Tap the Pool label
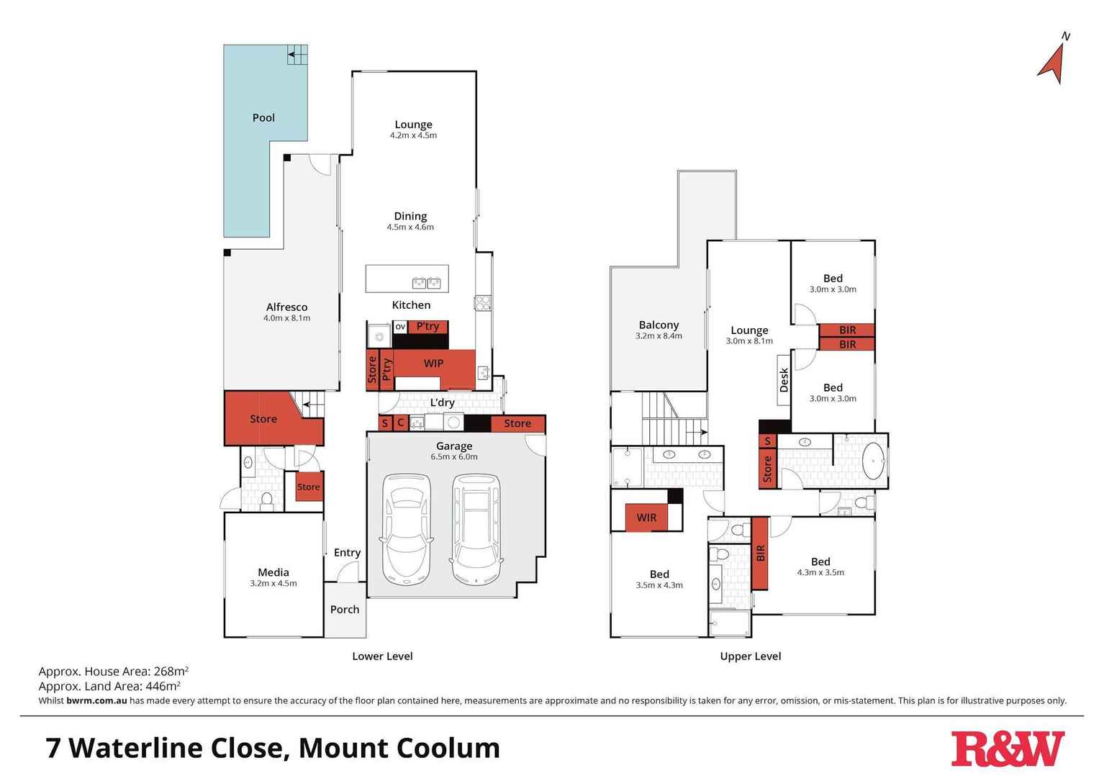pos(263,117)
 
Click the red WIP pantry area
pos(433,364)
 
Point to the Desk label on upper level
pos(784,379)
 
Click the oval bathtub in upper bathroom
pos(873,461)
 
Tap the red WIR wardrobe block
pos(646,518)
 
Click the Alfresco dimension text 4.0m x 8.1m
pos(286,318)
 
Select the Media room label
pos(273,572)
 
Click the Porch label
pos(345,609)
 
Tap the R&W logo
pos(1007,749)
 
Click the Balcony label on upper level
pos(659,325)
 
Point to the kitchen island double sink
pos(426,282)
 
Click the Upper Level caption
pos(751,656)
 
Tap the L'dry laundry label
pos(442,402)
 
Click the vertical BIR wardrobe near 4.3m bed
pos(760,553)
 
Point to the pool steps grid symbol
pos(297,55)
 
